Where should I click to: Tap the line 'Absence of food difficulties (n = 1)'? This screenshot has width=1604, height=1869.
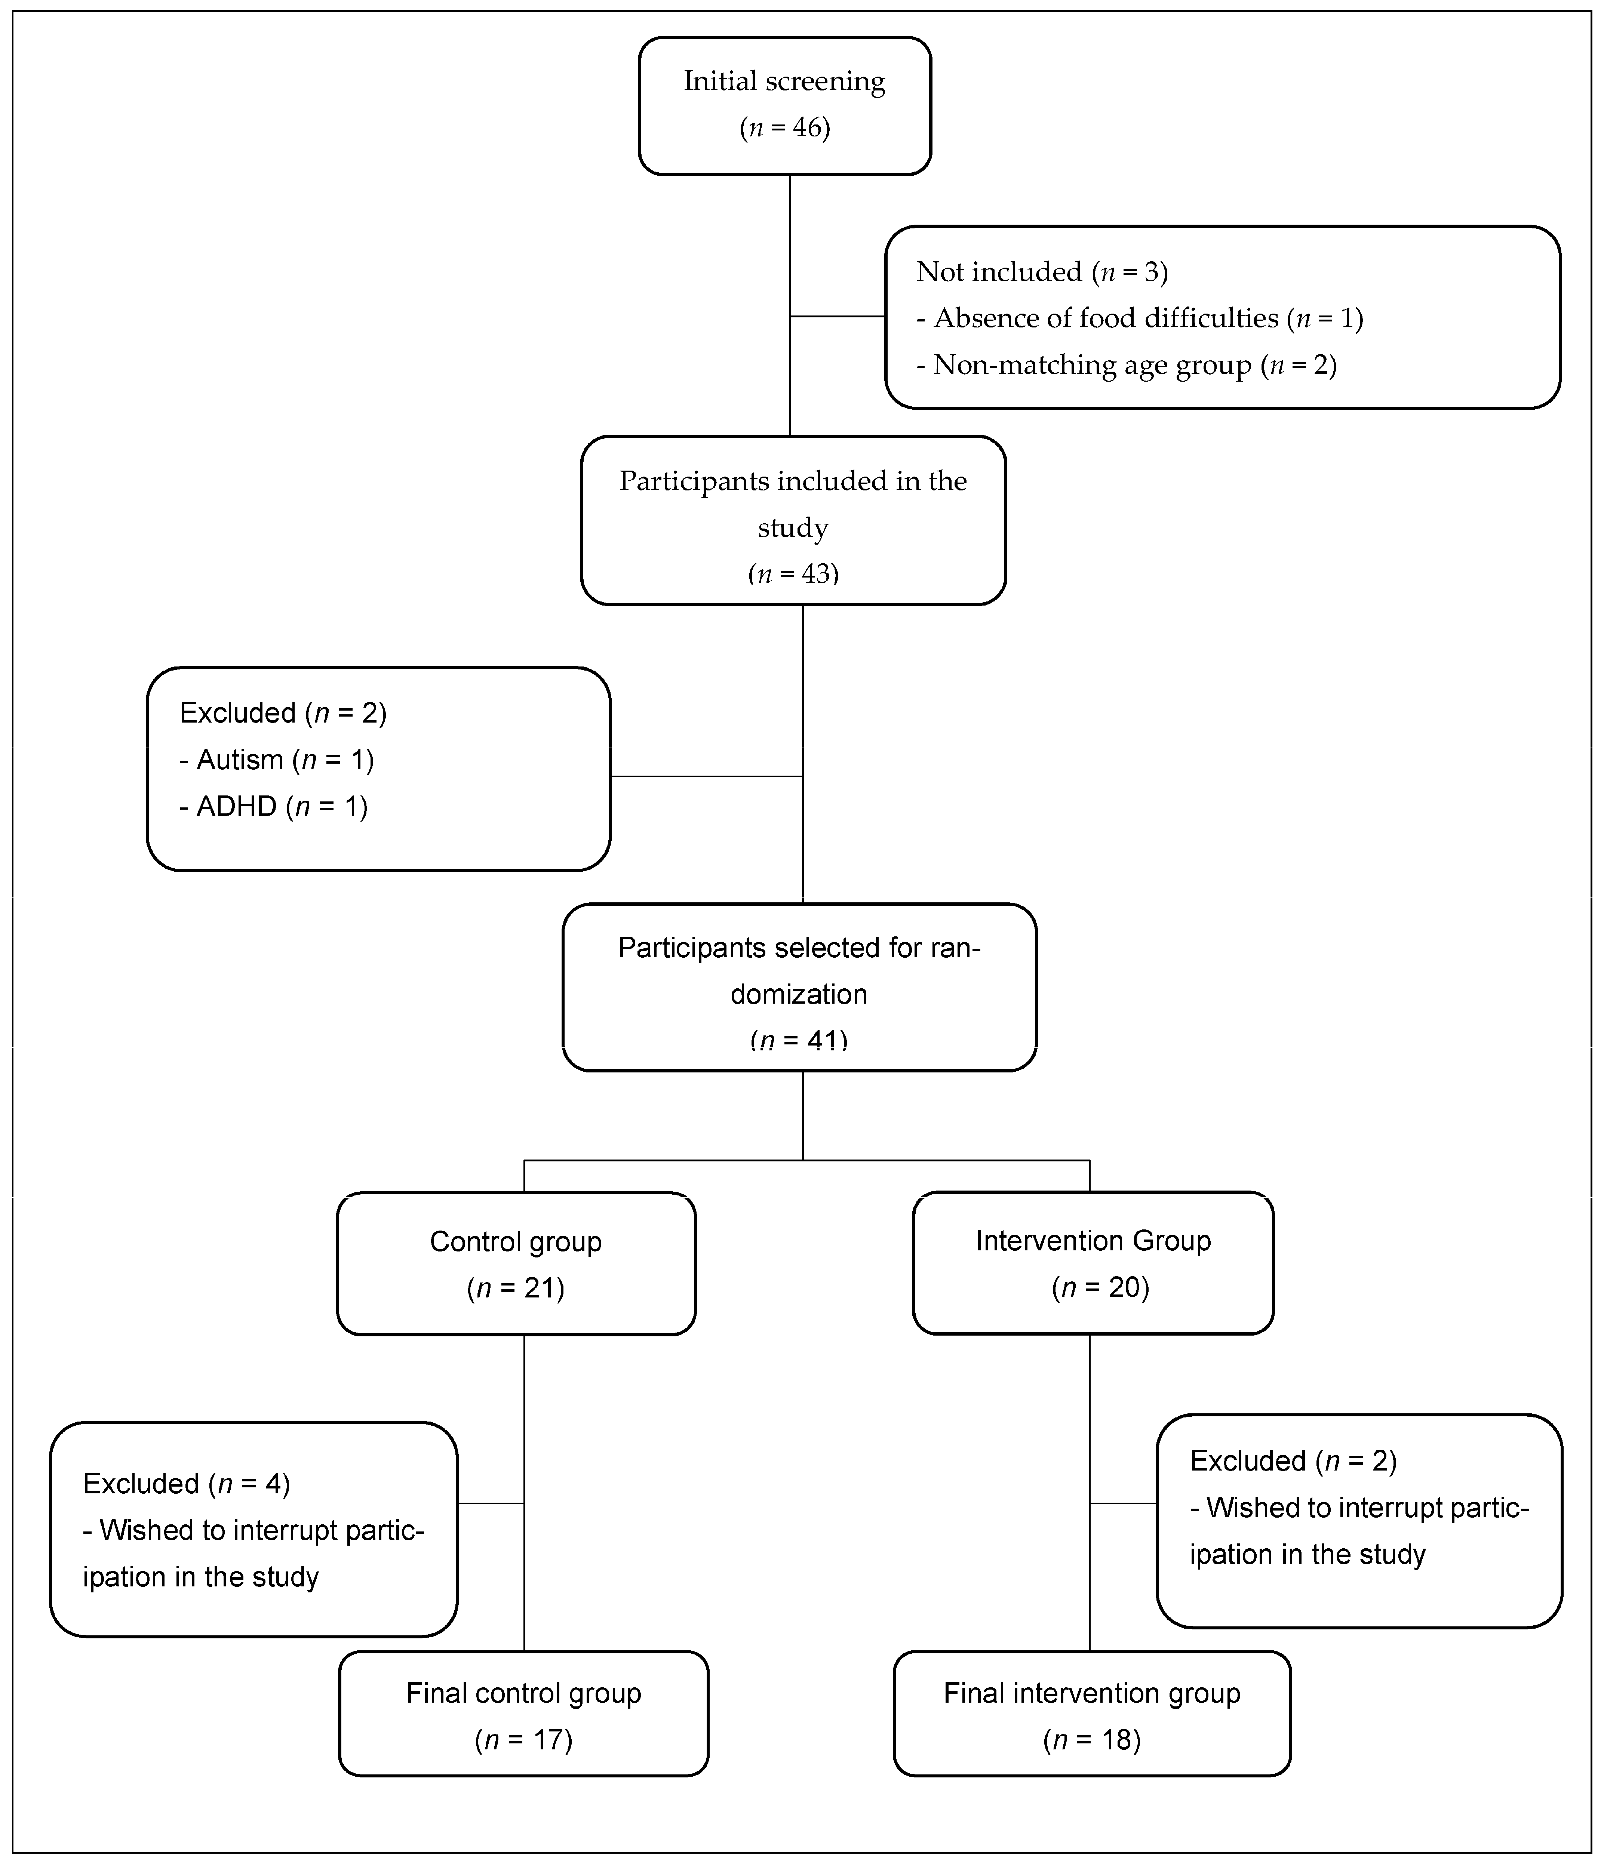click(x=1139, y=318)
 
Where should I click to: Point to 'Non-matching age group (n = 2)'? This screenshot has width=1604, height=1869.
click(x=1126, y=365)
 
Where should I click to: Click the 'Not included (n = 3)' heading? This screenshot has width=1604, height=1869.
click(x=1042, y=271)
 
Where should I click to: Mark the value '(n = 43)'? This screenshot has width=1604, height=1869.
click(x=793, y=574)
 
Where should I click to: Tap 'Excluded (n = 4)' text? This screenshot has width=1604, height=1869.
click(x=186, y=1484)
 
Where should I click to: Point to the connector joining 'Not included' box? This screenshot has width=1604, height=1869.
click(x=837, y=317)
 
